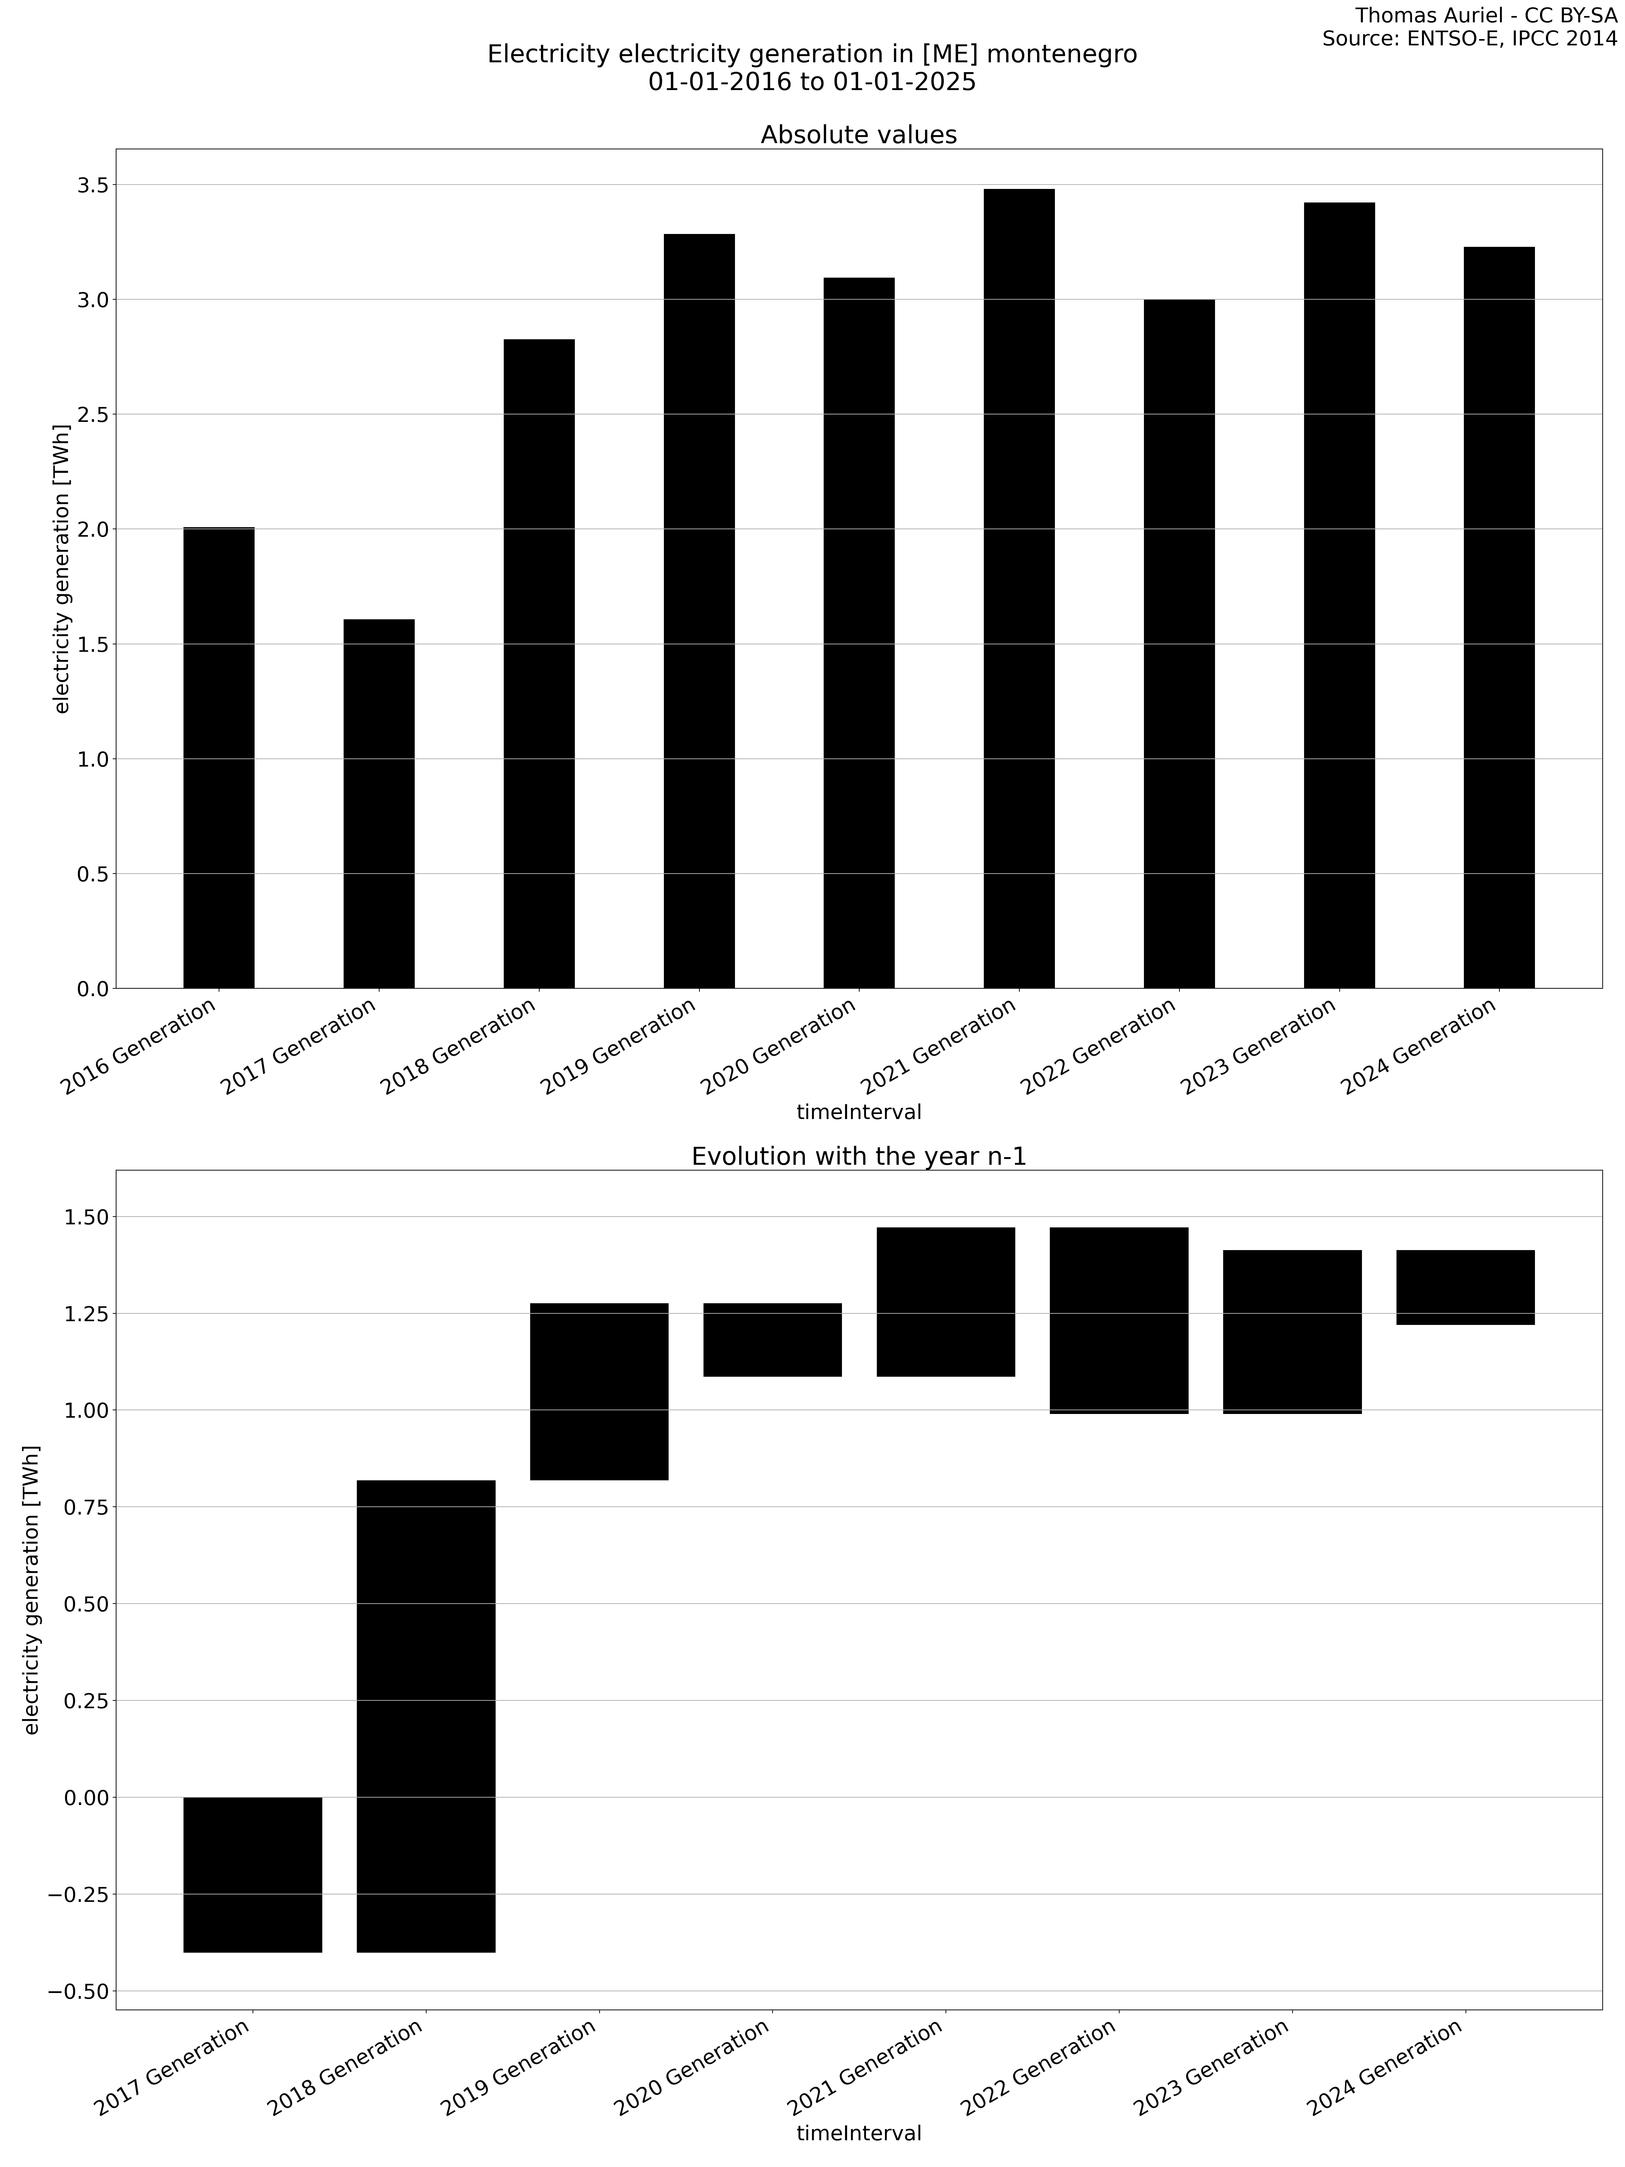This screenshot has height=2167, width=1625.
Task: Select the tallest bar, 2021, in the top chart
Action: point(1019,588)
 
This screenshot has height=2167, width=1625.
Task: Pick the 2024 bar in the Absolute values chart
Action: point(1499,617)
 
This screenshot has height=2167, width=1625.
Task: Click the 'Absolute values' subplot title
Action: point(858,135)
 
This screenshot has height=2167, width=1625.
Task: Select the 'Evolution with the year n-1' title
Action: point(858,1157)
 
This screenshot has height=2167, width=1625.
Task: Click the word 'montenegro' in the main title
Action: point(1061,55)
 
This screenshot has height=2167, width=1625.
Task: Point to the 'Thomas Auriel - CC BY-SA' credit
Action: point(1486,16)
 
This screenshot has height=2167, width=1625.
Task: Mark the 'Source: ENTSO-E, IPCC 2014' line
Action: point(1469,39)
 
